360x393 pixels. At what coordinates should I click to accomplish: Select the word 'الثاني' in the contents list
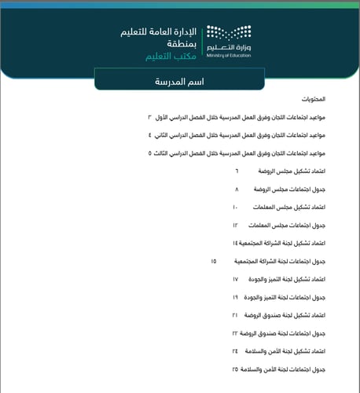(166, 135)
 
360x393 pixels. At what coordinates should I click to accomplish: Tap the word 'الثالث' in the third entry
(166, 153)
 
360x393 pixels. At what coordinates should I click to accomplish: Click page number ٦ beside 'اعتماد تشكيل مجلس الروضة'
(237, 171)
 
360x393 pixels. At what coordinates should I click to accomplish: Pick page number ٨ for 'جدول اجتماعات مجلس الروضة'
(237, 190)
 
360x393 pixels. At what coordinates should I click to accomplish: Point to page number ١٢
(235, 226)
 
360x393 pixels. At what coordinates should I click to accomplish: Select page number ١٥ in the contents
(214, 261)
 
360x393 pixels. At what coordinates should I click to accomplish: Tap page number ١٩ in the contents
(235, 298)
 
